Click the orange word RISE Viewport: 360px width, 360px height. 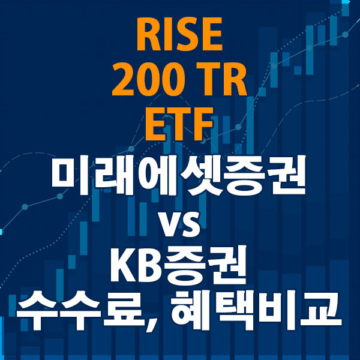click(x=180, y=36)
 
